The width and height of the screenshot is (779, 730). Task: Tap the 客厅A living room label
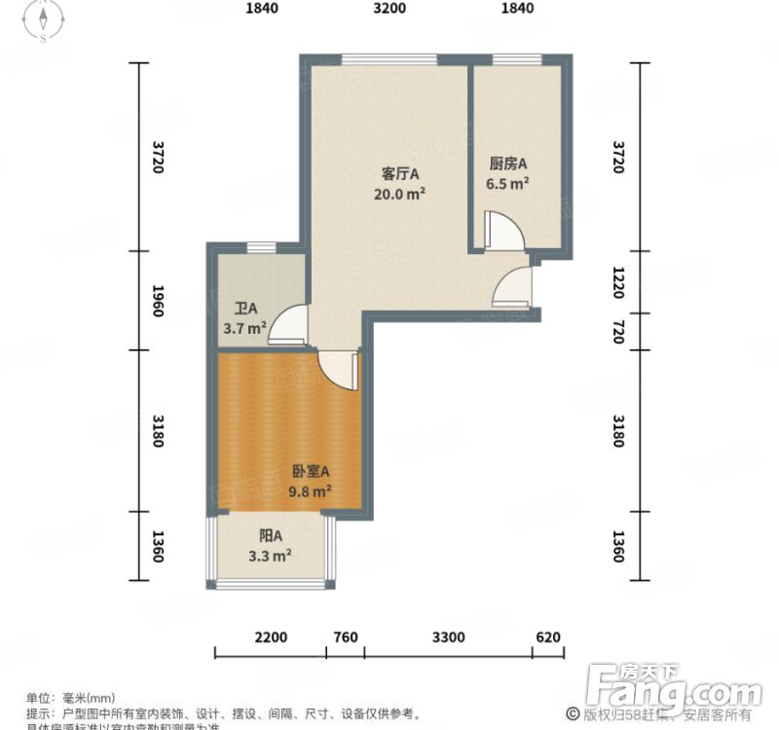click(x=399, y=174)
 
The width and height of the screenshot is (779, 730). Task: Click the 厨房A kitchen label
click(x=507, y=164)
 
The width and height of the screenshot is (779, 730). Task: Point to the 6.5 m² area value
click(x=507, y=182)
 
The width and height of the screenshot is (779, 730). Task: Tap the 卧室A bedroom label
click(x=311, y=472)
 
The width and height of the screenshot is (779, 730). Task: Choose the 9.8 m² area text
click(x=311, y=492)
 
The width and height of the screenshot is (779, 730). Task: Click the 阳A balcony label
click(x=270, y=536)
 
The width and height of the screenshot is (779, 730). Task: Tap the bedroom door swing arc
click(x=338, y=369)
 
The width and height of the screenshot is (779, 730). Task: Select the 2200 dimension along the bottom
click(x=271, y=639)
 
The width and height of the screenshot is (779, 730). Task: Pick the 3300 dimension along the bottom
click(x=448, y=639)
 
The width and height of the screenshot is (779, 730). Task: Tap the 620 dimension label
click(x=548, y=639)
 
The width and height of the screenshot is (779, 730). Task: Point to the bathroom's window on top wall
click(x=260, y=246)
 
